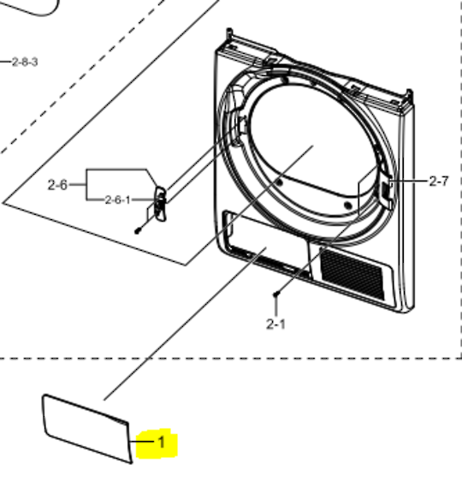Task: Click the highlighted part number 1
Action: [162, 442]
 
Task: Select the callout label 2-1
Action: [275, 324]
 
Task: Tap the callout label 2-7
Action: [439, 181]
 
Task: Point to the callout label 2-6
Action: [57, 185]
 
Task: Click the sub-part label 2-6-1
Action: [117, 199]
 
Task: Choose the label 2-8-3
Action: [25, 62]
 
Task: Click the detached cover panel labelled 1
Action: [87, 429]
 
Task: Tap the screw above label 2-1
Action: [276, 294]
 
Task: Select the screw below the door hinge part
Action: [138, 231]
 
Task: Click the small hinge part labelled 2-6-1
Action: [160, 204]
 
